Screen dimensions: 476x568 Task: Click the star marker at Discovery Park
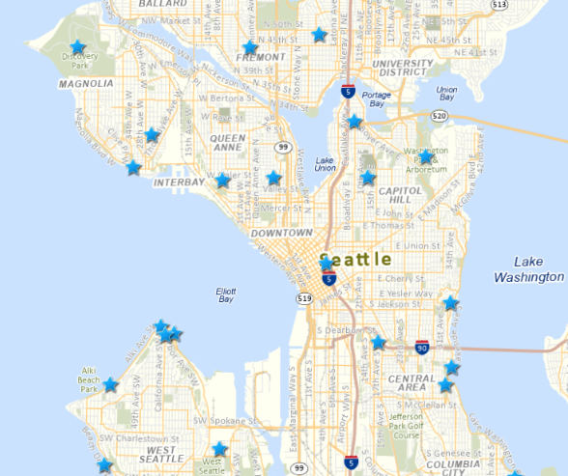tap(77, 47)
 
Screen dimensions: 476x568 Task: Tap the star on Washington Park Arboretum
tap(425, 157)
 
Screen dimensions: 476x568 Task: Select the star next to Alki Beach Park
tap(111, 385)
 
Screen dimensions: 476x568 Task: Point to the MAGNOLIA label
tap(86, 84)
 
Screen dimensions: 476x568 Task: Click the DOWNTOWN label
tap(281, 234)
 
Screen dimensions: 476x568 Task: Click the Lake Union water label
tap(325, 164)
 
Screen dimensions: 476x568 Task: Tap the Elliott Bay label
tap(226, 294)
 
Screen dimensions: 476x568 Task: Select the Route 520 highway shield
tap(440, 116)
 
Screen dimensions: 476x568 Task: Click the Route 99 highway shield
tap(283, 147)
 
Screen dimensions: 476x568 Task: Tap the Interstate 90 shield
tap(422, 347)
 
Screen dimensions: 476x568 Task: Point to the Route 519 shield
tap(304, 299)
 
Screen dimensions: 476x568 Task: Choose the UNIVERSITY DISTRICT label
tap(404, 68)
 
